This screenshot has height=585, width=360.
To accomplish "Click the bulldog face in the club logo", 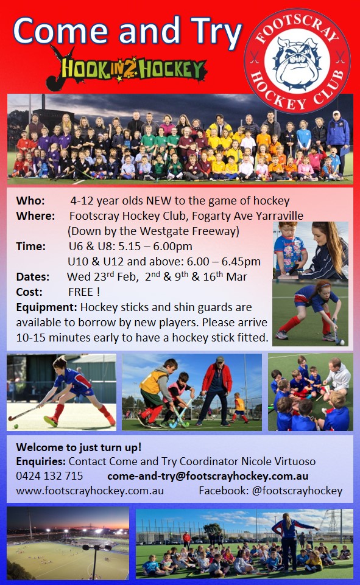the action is tap(297, 60).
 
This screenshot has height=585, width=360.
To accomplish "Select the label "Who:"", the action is tap(30, 201).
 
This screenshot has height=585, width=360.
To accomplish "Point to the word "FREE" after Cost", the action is tap(81, 292).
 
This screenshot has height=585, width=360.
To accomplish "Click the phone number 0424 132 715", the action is tap(49, 476).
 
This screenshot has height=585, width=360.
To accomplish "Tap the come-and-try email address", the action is tap(208, 476).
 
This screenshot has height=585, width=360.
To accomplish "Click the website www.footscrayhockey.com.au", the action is tap(90, 491).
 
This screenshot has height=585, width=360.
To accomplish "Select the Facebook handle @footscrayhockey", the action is tap(297, 491).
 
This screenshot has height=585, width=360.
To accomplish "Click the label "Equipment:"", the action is tap(46, 307).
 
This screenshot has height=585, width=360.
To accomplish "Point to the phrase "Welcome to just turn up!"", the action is tap(79, 447).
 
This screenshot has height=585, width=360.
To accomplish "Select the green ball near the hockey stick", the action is tap(16, 426).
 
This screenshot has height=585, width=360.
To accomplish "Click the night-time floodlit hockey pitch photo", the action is tap(68, 543).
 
